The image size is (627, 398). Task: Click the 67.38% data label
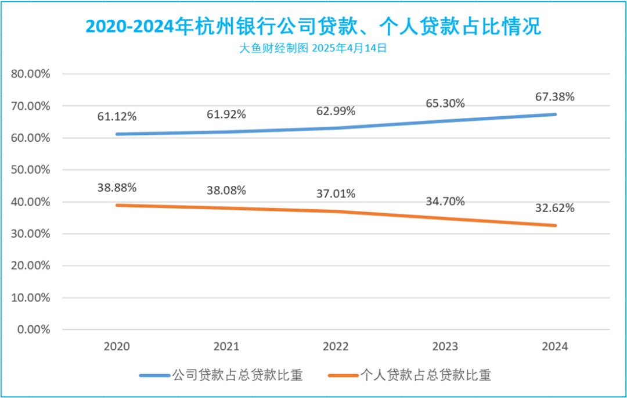tap(555, 97)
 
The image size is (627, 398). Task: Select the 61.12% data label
tap(117, 117)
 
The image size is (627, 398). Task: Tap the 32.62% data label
tap(555, 208)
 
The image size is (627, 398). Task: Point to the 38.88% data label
tap(117, 188)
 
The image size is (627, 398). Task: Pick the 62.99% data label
tap(336, 111)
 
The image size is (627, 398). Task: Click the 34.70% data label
tap(445, 202)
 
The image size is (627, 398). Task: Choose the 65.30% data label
tap(445, 103)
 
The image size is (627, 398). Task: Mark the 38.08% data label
tap(226, 190)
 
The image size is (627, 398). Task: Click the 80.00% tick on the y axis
tap(31, 74)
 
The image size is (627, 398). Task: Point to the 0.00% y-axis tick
tap(34, 329)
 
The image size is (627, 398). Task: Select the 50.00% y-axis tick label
tap(31, 170)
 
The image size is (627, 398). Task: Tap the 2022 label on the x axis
tap(336, 347)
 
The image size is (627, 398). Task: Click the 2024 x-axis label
tap(555, 347)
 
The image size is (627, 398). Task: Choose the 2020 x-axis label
tap(117, 347)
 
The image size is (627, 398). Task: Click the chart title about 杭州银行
tap(313, 26)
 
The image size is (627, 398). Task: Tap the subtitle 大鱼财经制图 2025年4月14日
tap(313, 49)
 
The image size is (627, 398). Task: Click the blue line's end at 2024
tap(555, 114)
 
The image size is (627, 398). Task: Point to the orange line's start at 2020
tap(117, 205)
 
